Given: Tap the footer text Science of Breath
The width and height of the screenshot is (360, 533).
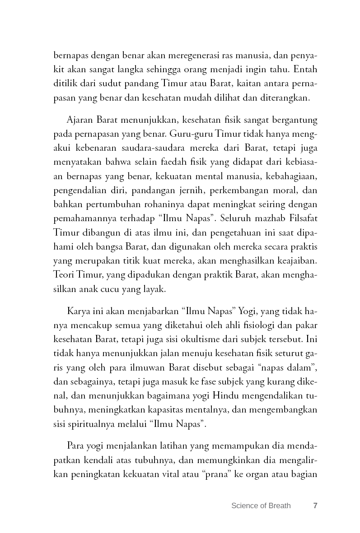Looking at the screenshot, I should point(261,505).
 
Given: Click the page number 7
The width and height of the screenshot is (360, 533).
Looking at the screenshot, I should point(315,505).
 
